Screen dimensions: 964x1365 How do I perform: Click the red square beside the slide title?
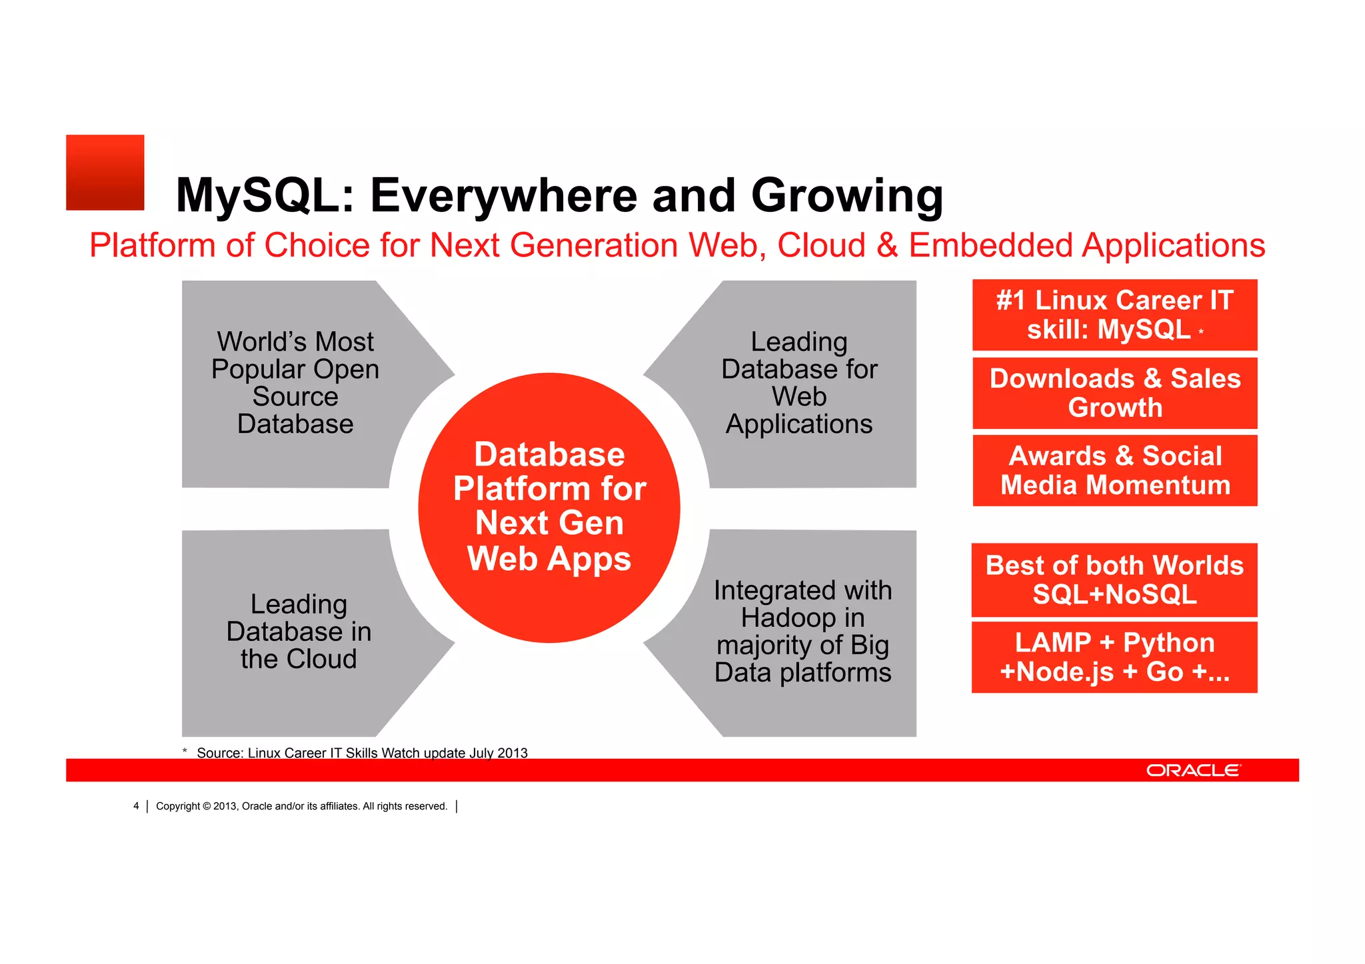[105, 173]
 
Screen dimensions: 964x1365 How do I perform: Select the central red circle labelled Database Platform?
[549, 508]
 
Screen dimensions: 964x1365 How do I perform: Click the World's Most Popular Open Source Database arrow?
[295, 383]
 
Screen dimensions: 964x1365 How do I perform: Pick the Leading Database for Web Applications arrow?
[799, 383]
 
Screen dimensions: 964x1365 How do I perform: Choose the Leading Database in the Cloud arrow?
[299, 632]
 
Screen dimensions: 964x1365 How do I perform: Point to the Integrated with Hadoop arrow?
[802, 632]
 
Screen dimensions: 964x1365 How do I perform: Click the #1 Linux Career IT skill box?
[1114, 315]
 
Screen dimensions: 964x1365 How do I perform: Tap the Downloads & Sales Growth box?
[1114, 393]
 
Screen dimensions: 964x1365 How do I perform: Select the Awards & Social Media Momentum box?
[1114, 470]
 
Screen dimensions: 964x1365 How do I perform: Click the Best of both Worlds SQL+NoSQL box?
[1114, 580]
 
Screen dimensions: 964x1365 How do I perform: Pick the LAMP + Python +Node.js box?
[1114, 657]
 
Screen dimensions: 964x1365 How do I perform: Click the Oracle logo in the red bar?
[1193, 770]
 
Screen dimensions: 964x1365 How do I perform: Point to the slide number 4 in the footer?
[136, 806]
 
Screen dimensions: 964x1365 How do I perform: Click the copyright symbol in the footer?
[207, 806]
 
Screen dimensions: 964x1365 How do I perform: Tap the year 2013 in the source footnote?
[512, 753]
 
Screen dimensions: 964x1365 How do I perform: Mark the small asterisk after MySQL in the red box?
[1201, 331]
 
